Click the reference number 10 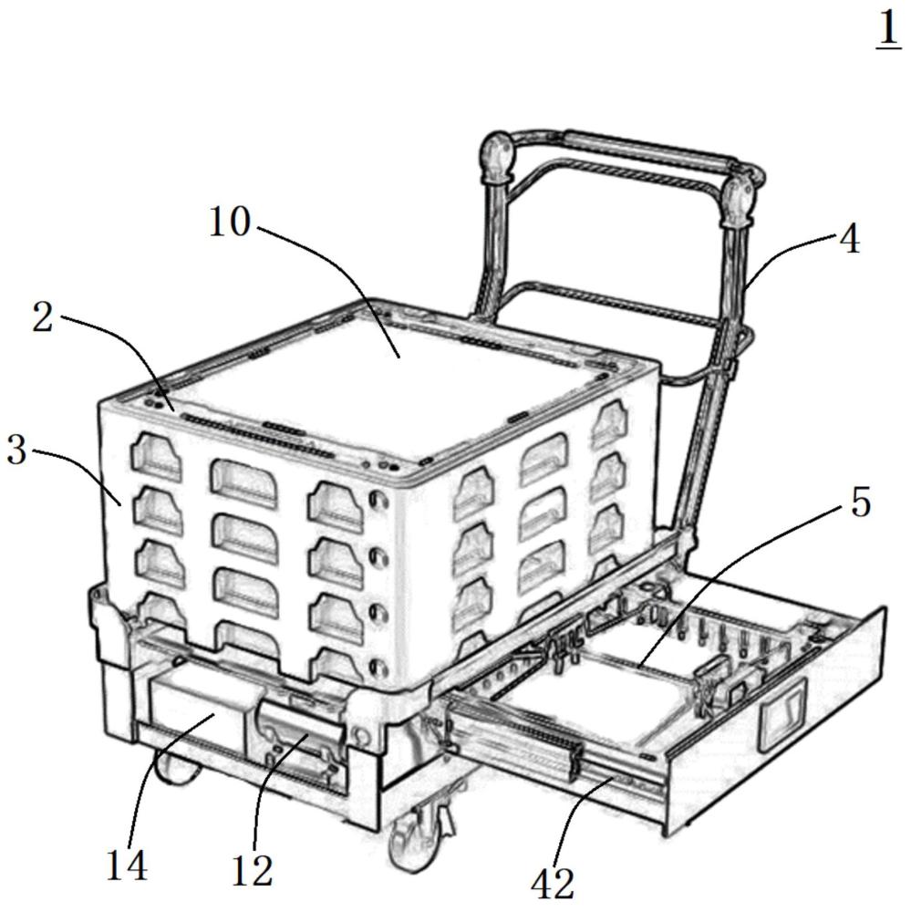point(230,222)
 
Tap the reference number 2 point(43,317)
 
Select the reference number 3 point(16,451)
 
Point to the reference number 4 point(851,240)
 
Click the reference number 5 point(861,502)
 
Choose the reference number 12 point(252,872)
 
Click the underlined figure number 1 point(888,29)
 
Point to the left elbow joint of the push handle point(496,156)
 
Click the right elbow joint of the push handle point(740,201)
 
